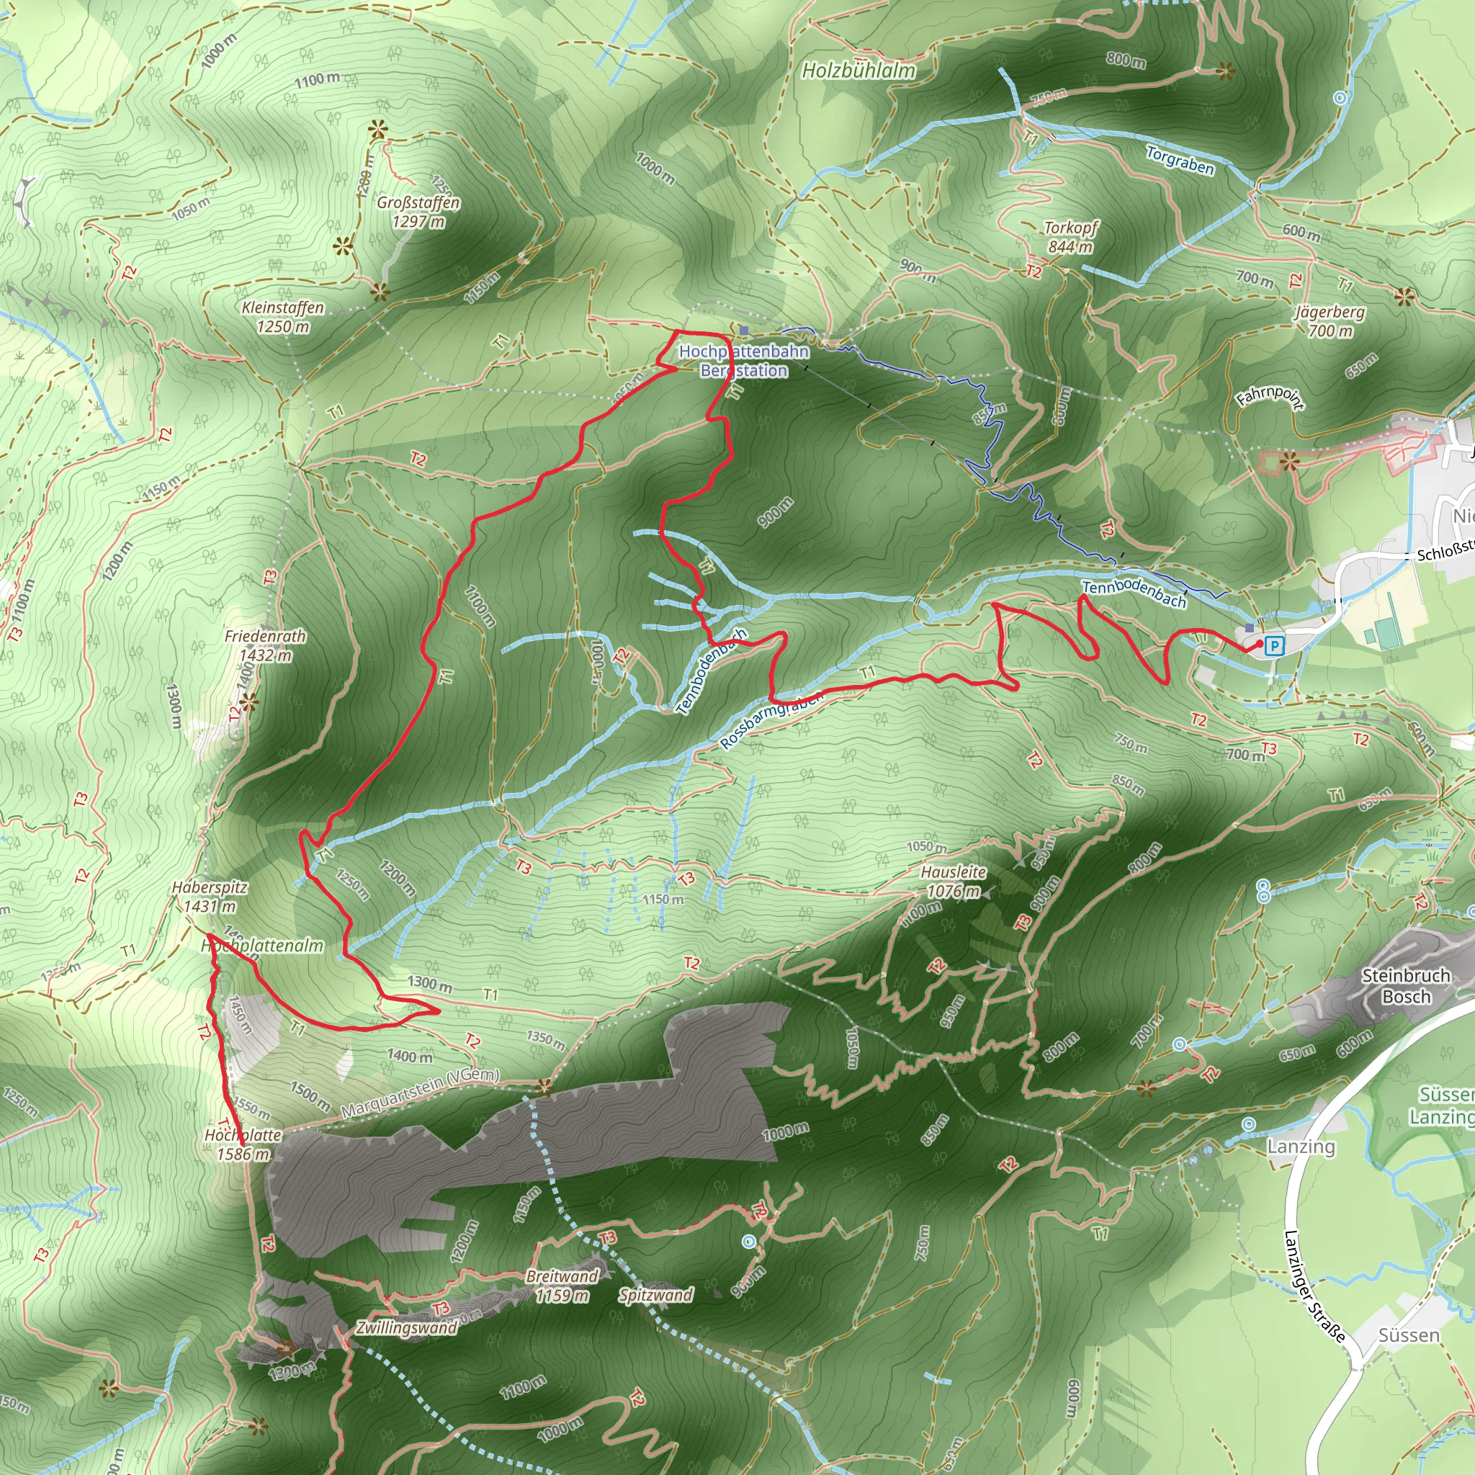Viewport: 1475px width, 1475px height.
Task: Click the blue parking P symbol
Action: [1273, 646]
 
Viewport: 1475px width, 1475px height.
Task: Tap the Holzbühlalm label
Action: [858, 71]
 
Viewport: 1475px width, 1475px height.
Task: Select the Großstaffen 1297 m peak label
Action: [418, 212]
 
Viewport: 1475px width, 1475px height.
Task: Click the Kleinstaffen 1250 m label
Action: [282, 317]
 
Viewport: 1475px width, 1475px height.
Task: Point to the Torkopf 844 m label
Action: [1070, 237]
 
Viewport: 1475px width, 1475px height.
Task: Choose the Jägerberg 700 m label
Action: [1330, 320]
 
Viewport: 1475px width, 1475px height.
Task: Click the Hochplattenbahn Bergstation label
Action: [743, 360]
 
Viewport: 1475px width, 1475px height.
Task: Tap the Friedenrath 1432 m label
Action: [265, 645]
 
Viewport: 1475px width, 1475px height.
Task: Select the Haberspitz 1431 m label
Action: [209, 896]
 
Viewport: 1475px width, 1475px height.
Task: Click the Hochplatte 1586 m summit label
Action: [243, 1144]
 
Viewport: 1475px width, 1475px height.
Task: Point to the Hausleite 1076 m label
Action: [953, 881]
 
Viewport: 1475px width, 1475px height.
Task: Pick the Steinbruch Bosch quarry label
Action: [1407, 986]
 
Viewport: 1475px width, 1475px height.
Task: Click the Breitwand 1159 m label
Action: [562, 1286]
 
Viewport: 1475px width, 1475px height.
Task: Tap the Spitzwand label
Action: [656, 1295]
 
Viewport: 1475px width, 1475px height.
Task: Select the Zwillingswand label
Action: [406, 1327]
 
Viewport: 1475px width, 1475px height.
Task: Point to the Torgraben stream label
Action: [1180, 161]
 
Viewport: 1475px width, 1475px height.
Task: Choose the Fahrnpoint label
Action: [1270, 398]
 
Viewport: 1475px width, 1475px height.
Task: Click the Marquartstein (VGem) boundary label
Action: [420, 1095]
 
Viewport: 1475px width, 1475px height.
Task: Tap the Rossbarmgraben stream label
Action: [773, 720]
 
